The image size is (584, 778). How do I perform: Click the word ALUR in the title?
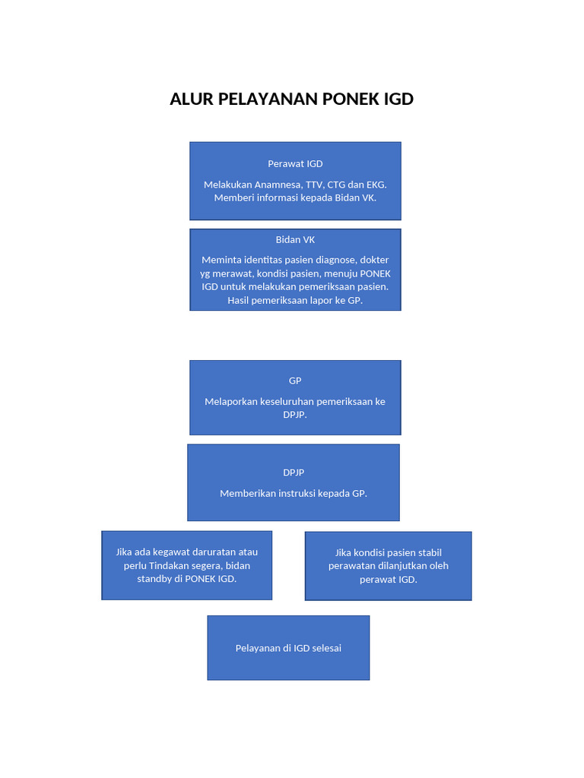click(x=192, y=100)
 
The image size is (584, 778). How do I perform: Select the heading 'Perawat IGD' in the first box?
click(x=295, y=163)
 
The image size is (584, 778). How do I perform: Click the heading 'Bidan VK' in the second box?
click(x=295, y=239)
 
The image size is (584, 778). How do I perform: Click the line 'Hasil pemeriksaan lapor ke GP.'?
click(x=295, y=300)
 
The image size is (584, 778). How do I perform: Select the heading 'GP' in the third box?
click(x=295, y=381)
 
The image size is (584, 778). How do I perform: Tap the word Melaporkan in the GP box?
click(x=231, y=401)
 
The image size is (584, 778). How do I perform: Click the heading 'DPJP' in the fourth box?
click(x=294, y=473)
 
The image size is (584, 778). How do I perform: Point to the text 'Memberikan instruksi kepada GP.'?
click(x=294, y=493)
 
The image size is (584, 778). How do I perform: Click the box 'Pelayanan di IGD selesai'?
click(x=288, y=648)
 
